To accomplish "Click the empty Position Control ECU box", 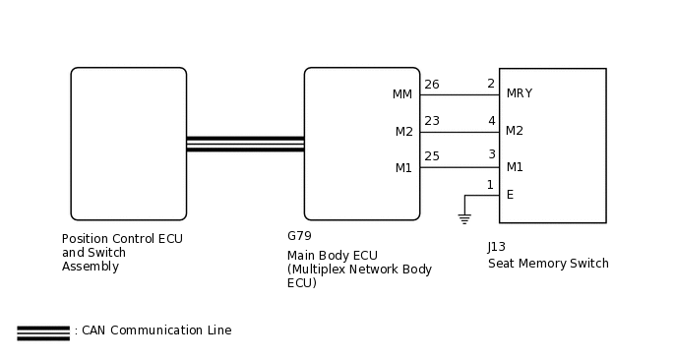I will [128, 144].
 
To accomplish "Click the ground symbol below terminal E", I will [464, 218].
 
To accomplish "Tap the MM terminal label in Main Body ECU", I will [402, 94].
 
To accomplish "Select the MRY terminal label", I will [519, 94].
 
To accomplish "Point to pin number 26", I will [431, 85].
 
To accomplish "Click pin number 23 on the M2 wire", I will [431, 121].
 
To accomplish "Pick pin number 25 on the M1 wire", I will [431, 156].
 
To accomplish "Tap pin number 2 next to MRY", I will [490, 85].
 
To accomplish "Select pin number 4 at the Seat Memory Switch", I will [491, 121].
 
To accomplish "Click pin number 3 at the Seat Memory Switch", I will [491, 155].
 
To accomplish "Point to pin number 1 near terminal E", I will [490, 185].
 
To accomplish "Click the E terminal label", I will [510, 195].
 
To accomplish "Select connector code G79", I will [299, 236].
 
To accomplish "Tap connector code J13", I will [497, 247].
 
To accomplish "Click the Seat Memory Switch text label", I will [548, 264].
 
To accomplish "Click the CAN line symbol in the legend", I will [43, 332].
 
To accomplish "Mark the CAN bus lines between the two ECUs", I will [245, 144].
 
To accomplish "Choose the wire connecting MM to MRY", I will [460, 95].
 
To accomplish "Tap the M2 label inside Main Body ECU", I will [403, 132].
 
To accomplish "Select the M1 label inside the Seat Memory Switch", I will [515, 166].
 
